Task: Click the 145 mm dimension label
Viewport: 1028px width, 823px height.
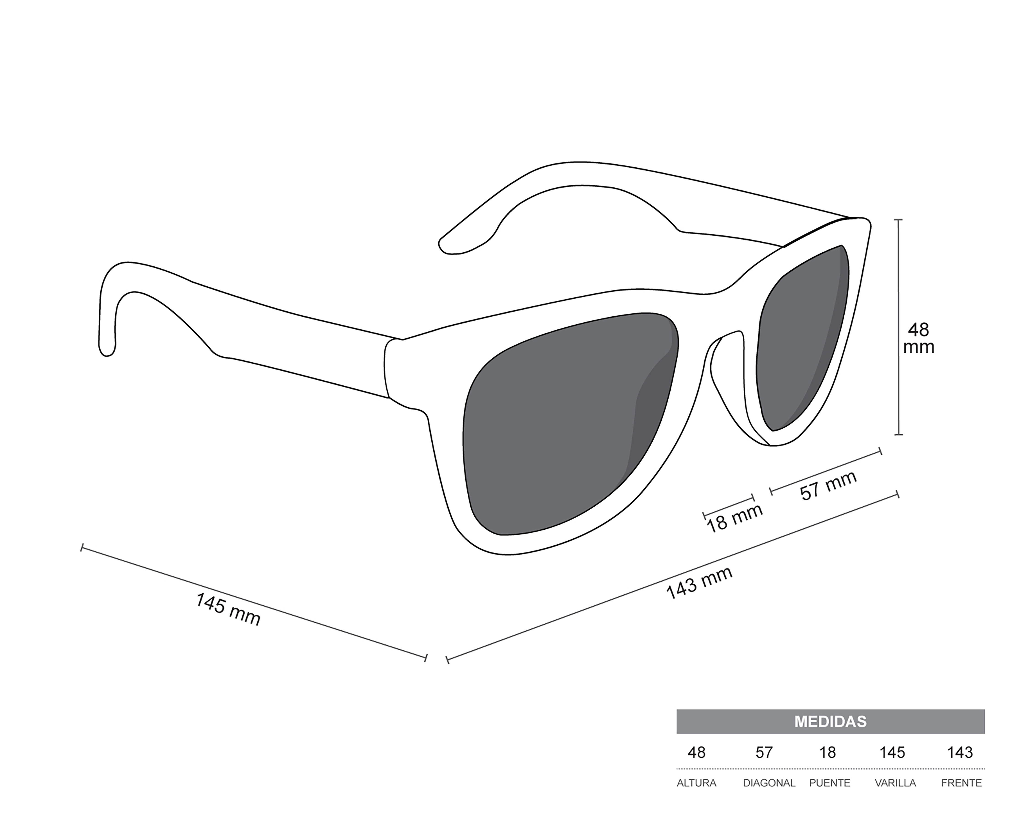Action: (x=228, y=609)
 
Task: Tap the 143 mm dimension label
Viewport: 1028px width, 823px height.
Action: (x=699, y=583)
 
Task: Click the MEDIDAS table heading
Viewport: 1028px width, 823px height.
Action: (x=830, y=721)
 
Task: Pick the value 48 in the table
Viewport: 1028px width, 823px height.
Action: (x=697, y=752)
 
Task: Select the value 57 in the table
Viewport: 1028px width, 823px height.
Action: (x=764, y=752)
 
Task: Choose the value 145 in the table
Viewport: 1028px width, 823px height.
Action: (x=892, y=752)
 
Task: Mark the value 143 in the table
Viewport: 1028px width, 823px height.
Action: (x=960, y=752)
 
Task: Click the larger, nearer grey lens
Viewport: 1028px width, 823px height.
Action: (x=567, y=425)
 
